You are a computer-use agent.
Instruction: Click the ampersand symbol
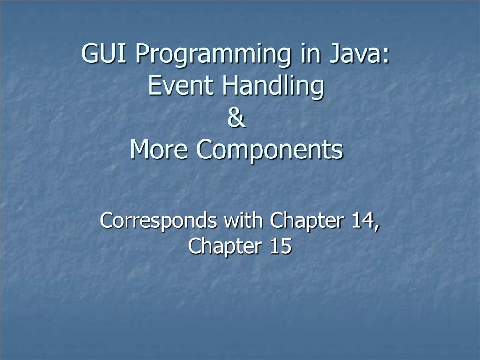coord(237,118)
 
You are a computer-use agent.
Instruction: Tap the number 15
coord(280,246)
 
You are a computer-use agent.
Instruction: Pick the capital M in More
coord(140,150)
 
